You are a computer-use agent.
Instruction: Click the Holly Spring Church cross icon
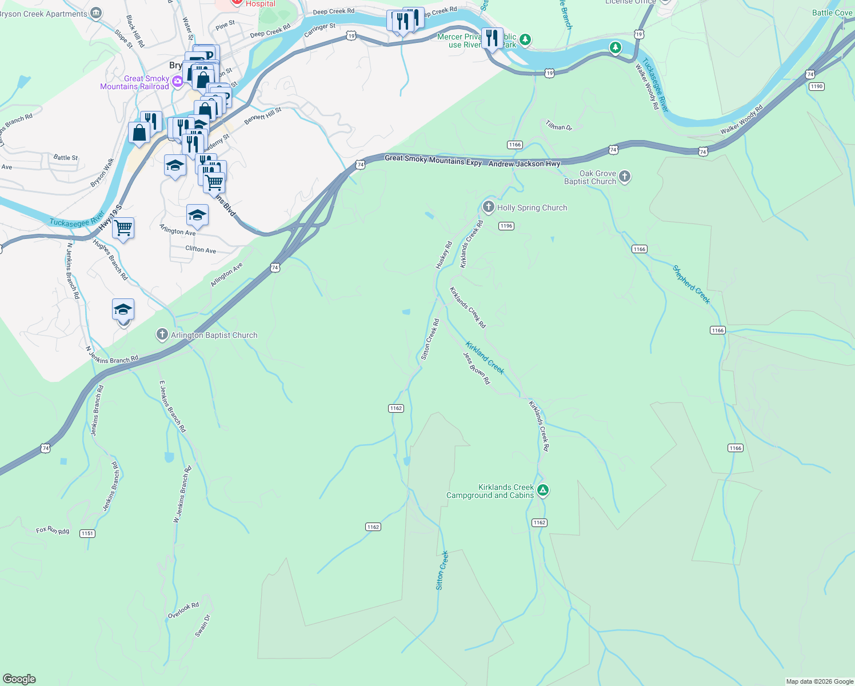[488, 207]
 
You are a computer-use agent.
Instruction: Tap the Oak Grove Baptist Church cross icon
[625, 177]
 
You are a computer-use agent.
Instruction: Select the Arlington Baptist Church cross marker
[162, 334]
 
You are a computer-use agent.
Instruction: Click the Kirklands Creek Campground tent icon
[543, 490]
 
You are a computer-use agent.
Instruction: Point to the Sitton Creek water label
[442, 570]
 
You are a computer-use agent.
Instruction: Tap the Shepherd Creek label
[691, 284]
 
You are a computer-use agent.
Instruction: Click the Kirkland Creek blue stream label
[485, 358]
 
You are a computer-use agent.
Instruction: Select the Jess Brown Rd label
[476, 368]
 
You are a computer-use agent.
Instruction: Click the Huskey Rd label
[444, 255]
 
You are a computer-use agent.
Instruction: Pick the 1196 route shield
[506, 226]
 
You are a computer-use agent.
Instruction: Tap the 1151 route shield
[87, 533]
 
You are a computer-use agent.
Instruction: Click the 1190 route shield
[816, 86]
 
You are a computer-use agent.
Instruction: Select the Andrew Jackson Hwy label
[524, 163]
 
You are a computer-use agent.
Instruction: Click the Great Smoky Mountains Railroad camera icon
[178, 82]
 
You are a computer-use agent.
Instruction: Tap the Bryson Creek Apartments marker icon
[96, 13]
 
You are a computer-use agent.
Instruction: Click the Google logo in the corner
[19, 679]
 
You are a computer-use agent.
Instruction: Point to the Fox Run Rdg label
[53, 531]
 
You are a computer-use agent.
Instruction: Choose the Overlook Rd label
[183, 610]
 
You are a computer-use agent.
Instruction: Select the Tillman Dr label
[558, 126]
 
